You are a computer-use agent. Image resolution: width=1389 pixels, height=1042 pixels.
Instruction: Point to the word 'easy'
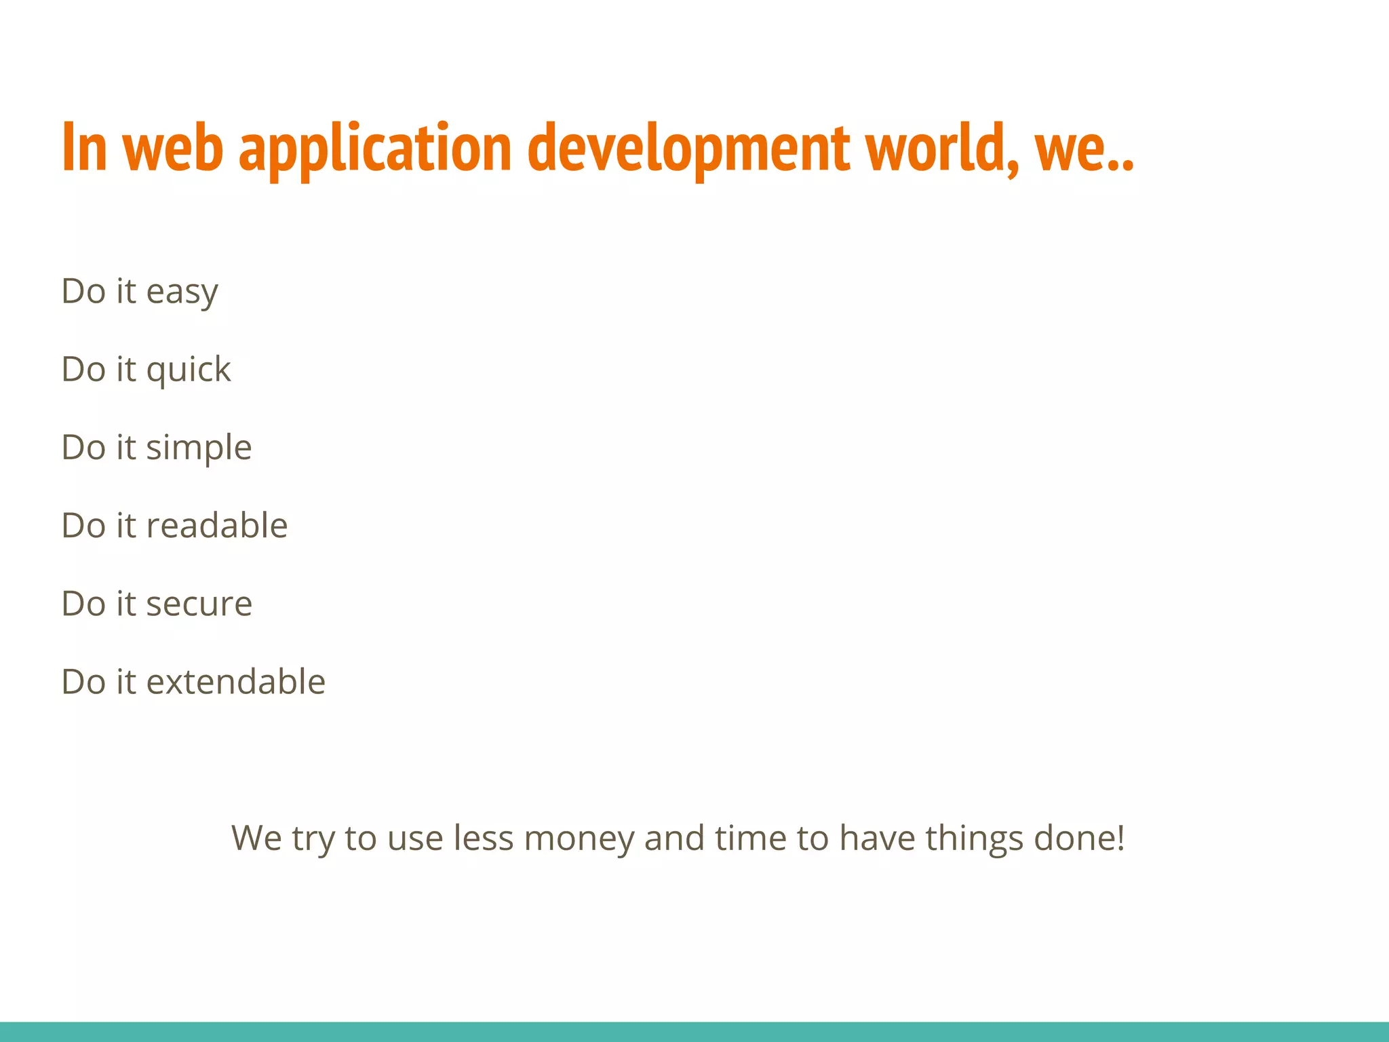182,293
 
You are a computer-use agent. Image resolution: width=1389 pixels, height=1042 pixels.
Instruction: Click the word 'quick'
189,371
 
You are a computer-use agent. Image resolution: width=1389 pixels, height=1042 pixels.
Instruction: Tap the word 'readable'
217,526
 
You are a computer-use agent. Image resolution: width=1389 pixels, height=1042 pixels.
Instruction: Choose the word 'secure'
199,604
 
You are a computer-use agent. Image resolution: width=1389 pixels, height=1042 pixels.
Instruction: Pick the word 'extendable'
236,682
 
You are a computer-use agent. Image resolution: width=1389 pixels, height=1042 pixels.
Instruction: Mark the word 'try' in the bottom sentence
313,839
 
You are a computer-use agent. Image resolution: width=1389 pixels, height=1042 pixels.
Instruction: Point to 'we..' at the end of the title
1084,149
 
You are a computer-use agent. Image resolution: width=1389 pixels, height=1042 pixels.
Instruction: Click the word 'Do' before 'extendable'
83,682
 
